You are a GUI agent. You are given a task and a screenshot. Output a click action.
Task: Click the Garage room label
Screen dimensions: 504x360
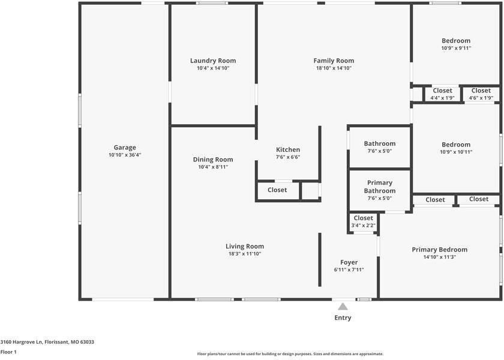(125, 148)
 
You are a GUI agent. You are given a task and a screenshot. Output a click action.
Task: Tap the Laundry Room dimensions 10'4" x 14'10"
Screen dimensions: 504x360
(213, 68)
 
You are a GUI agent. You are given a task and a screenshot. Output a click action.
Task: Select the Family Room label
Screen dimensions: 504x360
(334, 61)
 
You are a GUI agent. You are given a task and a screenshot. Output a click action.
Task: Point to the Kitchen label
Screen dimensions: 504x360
(288, 149)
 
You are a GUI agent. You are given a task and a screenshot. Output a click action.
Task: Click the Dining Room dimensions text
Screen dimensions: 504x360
(213, 167)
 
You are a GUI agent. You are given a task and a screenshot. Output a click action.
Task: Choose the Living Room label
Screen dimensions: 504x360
(245, 246)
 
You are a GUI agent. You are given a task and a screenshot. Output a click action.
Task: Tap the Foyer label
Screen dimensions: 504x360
(349, 262)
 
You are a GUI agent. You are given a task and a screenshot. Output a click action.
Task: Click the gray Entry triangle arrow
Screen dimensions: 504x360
(343, 307)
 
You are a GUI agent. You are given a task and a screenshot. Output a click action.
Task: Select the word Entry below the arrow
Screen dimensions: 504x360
(343, 317)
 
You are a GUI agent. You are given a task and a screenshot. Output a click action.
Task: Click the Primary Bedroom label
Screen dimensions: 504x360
(440, 250)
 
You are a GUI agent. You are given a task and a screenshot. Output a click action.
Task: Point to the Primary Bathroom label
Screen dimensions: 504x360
(380, 187)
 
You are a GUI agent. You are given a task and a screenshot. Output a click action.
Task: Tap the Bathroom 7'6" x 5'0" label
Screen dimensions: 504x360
(380, 147)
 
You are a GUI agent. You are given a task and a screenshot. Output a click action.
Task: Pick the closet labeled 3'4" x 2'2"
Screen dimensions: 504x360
(363, 221)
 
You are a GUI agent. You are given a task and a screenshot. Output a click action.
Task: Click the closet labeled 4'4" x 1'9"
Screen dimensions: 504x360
(443, 94)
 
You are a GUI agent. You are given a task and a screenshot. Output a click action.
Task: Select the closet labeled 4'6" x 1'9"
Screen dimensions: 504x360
(481, 94)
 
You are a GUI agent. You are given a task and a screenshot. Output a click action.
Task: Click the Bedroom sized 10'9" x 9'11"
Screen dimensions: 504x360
(456, 44)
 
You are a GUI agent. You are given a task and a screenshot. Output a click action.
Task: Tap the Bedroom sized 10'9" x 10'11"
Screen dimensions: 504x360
(456, 148)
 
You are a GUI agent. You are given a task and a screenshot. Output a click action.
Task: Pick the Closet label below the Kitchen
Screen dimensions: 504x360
(277, 190)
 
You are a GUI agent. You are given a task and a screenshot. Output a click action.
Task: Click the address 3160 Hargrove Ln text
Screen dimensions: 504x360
(22, 342)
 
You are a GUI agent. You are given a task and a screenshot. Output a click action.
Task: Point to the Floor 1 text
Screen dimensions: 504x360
(8, 352)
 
